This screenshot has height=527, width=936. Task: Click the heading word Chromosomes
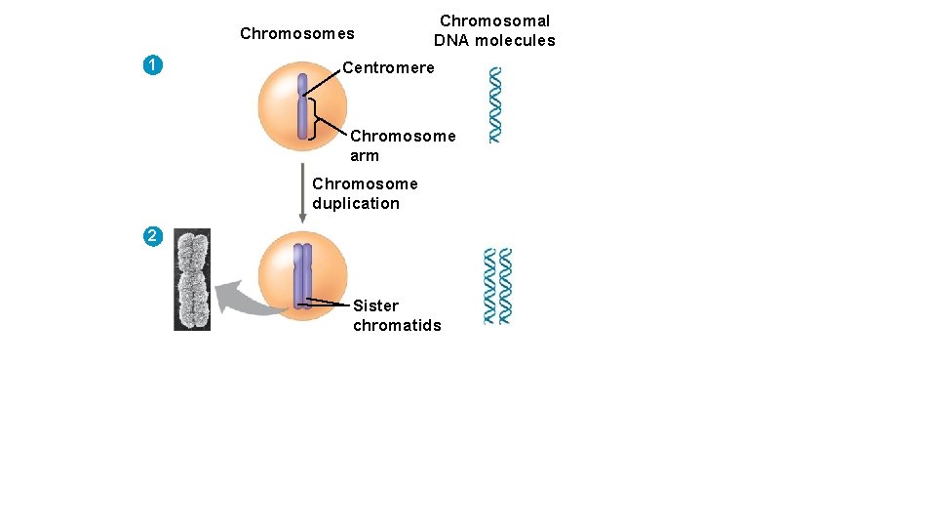point(297,34)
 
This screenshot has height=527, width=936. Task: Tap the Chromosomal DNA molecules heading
point(494,30)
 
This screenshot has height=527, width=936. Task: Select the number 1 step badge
point(151,66)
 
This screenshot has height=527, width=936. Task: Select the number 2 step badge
point(151,236)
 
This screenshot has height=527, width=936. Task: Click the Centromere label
point(388,68)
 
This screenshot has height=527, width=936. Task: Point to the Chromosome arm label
point(403,145)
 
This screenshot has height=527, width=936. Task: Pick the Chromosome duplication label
point(365,193)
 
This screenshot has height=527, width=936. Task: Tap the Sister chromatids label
point(397,315)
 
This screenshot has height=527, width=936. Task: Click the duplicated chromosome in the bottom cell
point(302,275)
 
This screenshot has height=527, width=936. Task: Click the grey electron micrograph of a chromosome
point(192,279)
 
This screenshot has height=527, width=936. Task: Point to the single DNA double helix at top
point(495,104)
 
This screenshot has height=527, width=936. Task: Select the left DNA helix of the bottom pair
point(490,286)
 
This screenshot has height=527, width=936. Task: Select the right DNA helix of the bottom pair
point(504,286)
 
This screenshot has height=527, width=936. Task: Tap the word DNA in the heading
point(451,40)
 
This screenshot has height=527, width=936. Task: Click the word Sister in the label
point(376,305)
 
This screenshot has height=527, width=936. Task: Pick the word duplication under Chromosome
point(356,203)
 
